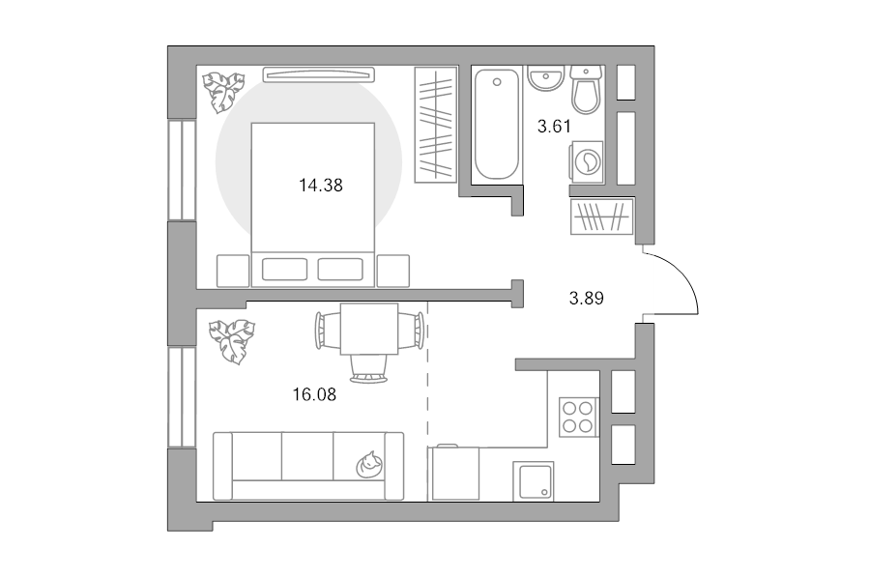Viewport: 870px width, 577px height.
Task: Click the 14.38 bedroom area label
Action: pyautogui.click(x=321, y=186)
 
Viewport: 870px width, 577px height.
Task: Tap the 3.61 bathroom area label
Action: pyautogui.click(x=554, y=127)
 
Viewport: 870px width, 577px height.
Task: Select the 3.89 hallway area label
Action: pyautogui.click(x=586, y=299)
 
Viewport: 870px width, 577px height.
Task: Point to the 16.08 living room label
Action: pyautogui.click(x=314, y=394)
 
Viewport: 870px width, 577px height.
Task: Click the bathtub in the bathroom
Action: pyautogui.click(x=497, y=125)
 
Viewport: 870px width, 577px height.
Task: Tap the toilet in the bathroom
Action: pyautogui.click(x=586, y=89)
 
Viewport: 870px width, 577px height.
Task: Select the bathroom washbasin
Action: pyautogui.click(x=545, y=77)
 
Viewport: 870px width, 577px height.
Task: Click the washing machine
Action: pyautogui.click(x=587, y=162)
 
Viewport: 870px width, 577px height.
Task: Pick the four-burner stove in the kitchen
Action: pyautogui.click(x=578, y=418)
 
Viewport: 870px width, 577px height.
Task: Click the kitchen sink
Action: pyautogui.click(x=534, y=481)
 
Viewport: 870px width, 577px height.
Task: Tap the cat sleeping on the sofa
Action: pyautogui.click(x=368, y=465)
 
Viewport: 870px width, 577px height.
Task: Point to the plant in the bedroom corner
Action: pyautogui.click(x=223, y=92)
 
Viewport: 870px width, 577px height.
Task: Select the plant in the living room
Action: pyautogui.click(x=232, y=341)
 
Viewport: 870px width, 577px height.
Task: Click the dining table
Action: pyautogui.click(x=369, y=329)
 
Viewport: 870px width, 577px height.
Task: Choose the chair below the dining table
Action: pyautogui.click(x=368, y=369)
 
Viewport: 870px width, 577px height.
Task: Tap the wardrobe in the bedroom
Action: pyautogui.click(x=436, y=125)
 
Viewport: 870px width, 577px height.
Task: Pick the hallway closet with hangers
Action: pyautogui.click(x=602, y=216)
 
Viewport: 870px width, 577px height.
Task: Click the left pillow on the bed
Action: pyautogui.click(x=284, y=269)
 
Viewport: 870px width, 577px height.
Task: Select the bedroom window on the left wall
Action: pyautogui.click(x=182, y=170)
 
